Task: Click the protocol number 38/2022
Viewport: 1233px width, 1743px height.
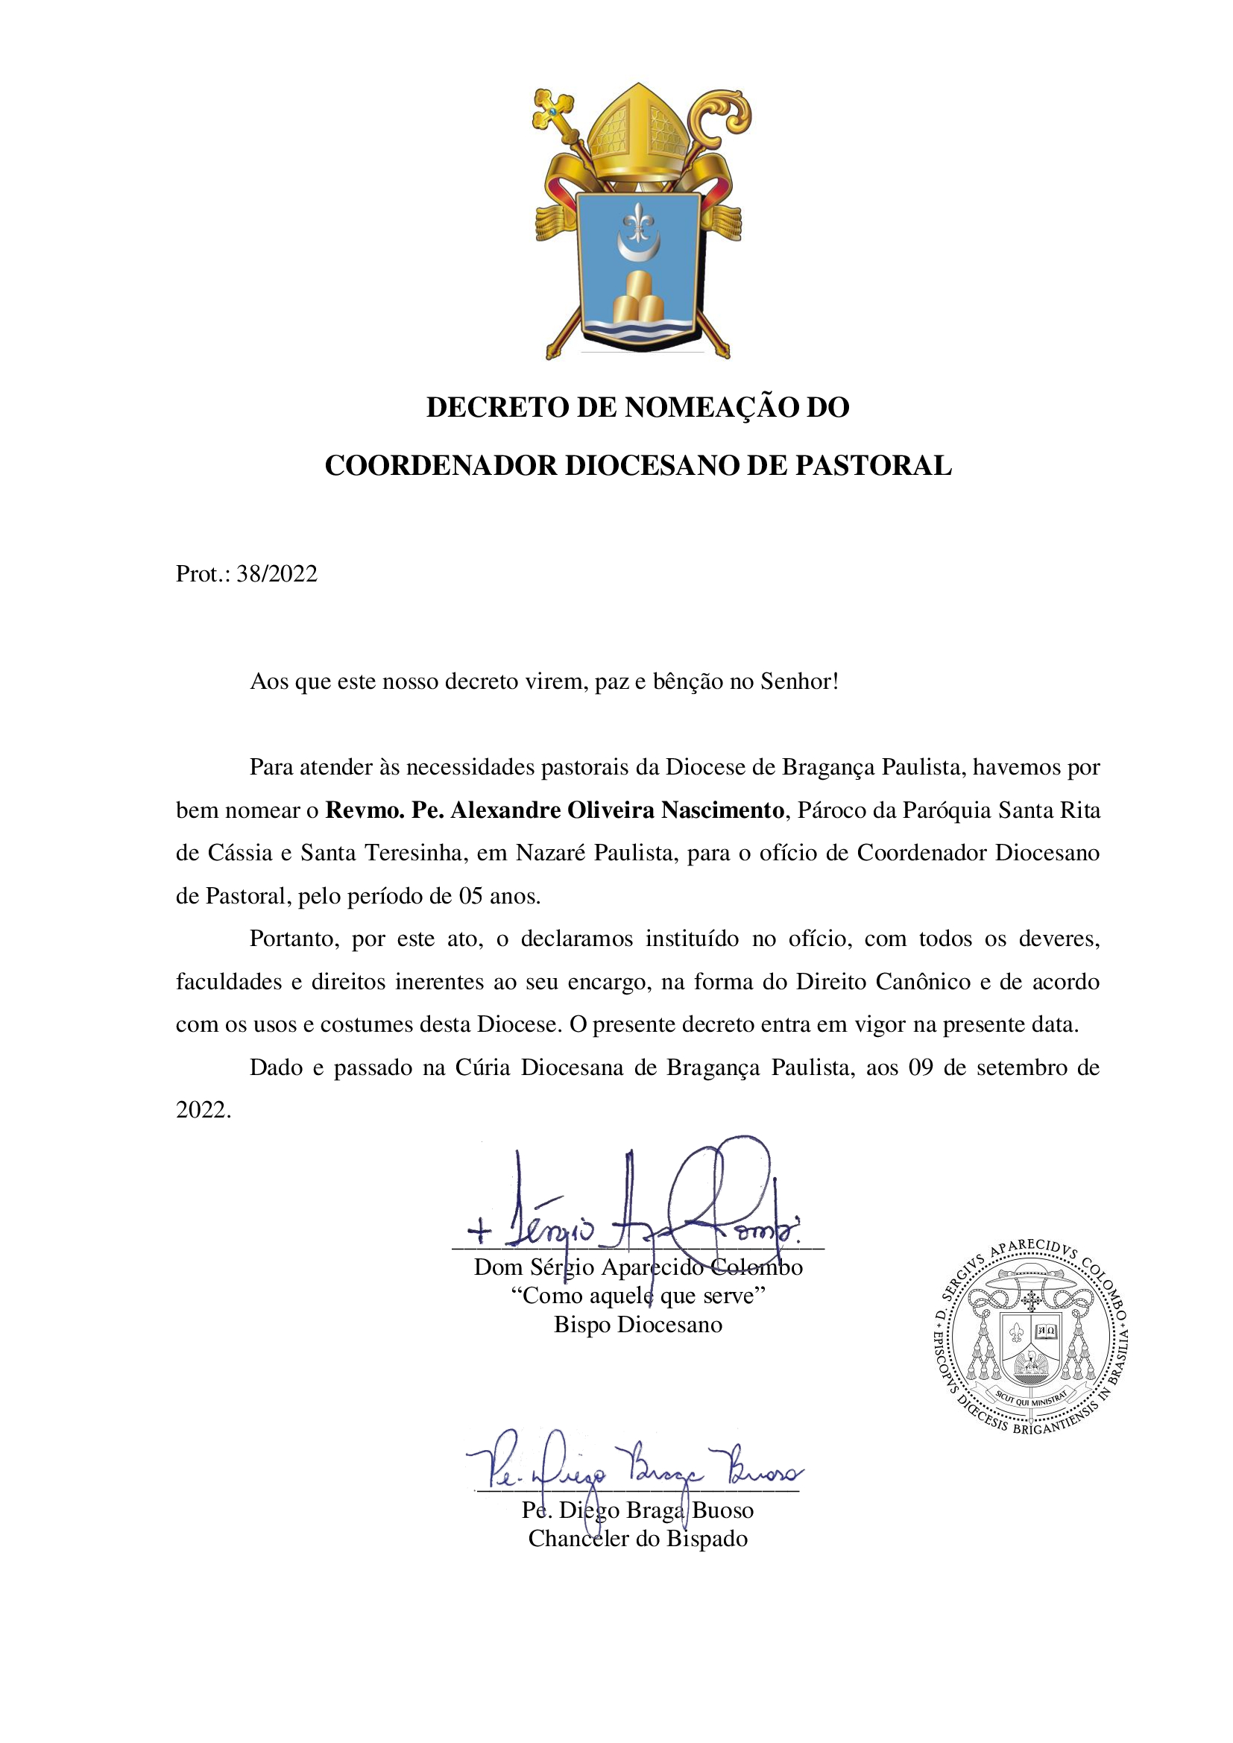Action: click(x=277, y=574)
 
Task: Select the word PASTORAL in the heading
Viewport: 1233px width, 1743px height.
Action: click(x=873, y=465)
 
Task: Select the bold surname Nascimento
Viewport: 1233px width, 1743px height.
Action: click(x=722, y=811)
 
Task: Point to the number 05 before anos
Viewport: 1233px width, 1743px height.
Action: click(x=470, y=897)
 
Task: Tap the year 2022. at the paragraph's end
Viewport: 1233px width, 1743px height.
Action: click(x=204, y=1111)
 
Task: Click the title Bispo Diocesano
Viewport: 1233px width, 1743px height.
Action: click(x=638, y=1325)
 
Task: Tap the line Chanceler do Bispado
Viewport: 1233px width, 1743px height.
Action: click(x=638, y=1539)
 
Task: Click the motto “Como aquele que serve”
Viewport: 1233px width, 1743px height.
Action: click(x=638, y=1296)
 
